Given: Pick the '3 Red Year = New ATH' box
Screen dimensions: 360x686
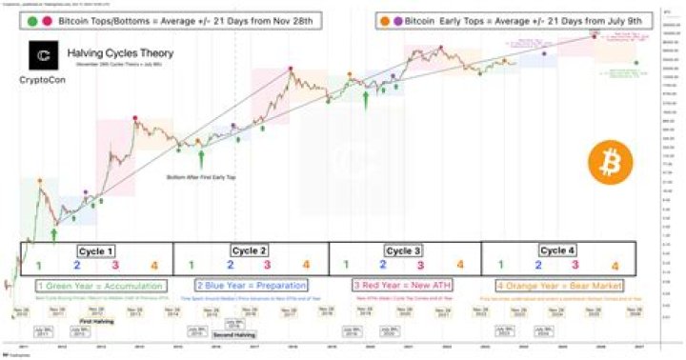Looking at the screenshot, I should click(403, 285).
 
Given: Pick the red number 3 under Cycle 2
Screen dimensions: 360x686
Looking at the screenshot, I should click(267, 266).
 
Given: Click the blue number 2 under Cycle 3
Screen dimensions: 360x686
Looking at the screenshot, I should click(383, 266).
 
